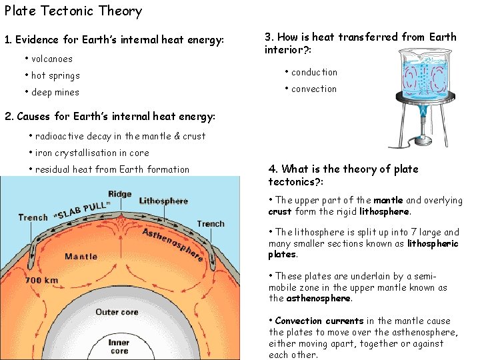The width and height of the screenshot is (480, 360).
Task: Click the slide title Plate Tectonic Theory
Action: pos(73,11)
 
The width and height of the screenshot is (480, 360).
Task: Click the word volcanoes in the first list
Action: pos(52,59)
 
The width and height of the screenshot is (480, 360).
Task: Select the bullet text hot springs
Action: pos(55,75)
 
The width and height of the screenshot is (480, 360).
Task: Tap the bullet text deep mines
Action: pos(55,92)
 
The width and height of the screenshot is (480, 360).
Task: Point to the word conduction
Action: pos(314,72)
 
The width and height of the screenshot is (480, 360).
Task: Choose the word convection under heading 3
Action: pos(313,89)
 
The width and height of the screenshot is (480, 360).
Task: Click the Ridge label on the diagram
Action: pos(120,194)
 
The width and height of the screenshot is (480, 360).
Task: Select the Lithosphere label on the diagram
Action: pos(163,201)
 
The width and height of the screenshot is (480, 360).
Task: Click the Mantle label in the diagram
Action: pos(81,256)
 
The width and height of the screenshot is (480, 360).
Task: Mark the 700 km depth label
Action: pos(41,281)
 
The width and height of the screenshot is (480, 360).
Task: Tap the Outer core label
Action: pos(117,312)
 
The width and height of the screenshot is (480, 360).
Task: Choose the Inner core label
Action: pos(119,347)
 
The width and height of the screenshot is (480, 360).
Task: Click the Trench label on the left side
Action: pos(33,217)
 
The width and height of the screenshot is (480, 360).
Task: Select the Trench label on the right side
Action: pos(211,223)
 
